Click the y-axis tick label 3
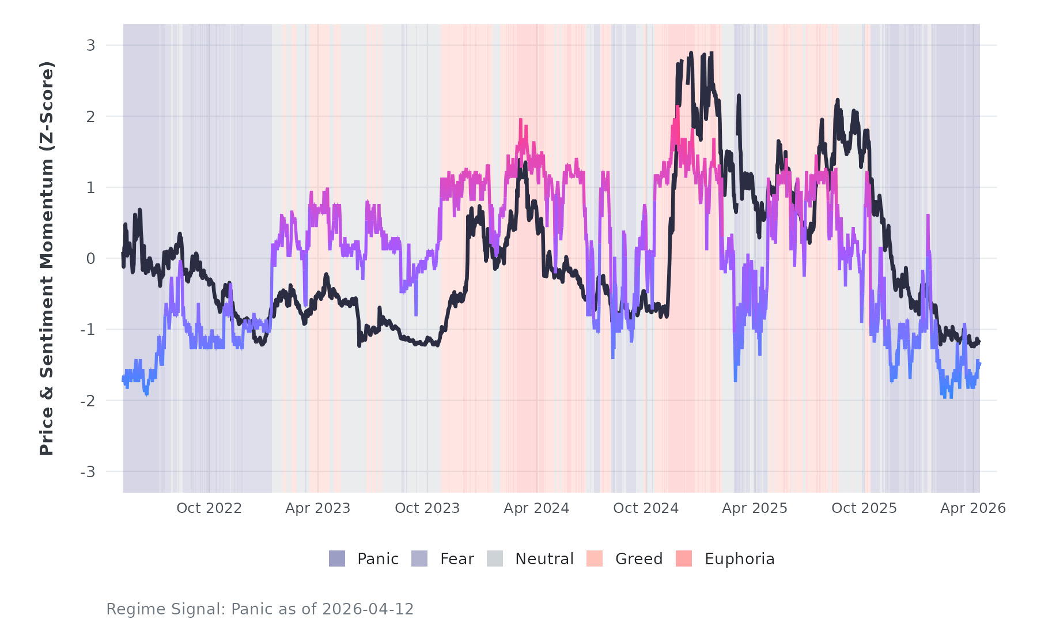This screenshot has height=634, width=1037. tap(91, 45)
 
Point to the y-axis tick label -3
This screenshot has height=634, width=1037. tap(88, 472)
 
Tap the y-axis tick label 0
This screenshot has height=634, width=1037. tap(91, 259)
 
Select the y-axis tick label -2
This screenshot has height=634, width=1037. tap(88, 401)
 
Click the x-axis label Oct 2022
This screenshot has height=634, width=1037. tap(209, 508)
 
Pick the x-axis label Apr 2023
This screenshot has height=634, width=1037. tap(318, 508)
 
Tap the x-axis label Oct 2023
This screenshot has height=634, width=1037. tap(427, 508)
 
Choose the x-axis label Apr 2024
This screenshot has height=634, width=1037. tap(536, 508)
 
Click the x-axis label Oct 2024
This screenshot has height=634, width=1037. tap(646, 508)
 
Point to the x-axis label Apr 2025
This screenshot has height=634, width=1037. tap(755, 508)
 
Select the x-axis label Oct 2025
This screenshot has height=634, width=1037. tap(864, 508)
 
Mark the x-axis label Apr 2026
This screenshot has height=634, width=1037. tap(973, 508)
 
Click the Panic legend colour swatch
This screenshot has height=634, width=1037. tap(337, 558)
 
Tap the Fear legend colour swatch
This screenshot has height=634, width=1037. tap(419, 558)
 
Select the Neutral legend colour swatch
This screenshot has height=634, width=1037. tap(495, 558)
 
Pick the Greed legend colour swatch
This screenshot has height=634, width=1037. tap(595, 558)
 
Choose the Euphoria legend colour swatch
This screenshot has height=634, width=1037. tap(684, 558)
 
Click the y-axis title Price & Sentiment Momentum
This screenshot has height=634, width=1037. tap(47, 258)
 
